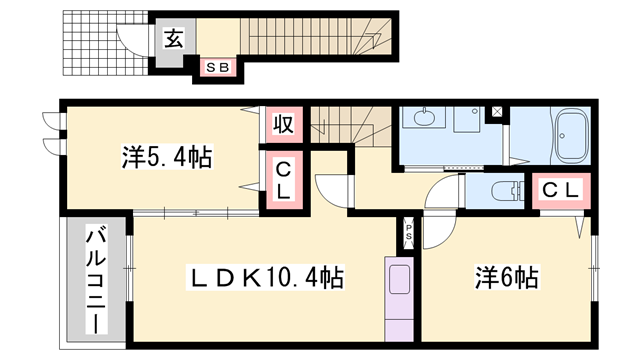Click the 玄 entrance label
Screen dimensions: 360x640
[173, 40]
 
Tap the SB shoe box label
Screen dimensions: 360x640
[218, 67]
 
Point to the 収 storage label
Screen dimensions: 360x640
[283, 126]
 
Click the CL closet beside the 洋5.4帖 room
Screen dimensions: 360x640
[283, 180]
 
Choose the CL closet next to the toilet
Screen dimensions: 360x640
[558, 189]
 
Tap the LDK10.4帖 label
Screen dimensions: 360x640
[268, 277]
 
